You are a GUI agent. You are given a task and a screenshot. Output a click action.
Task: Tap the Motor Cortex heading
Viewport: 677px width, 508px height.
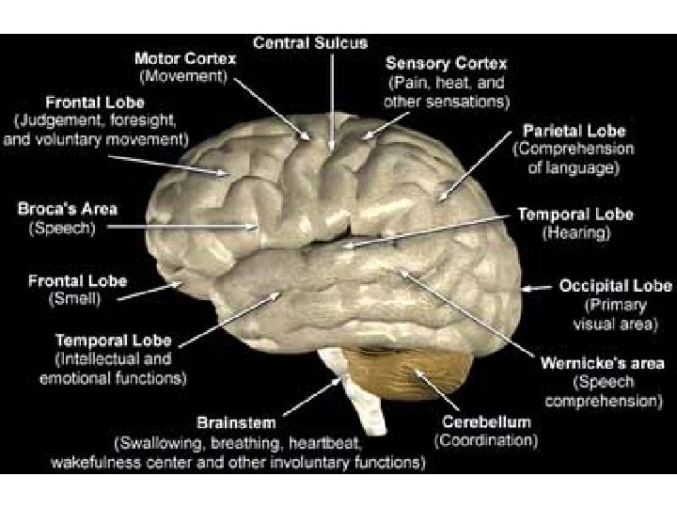point(184,58)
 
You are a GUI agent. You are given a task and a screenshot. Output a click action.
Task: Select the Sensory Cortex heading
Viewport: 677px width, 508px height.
point(447,63)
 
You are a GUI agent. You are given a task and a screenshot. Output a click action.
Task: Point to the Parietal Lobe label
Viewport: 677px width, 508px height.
point(575,131)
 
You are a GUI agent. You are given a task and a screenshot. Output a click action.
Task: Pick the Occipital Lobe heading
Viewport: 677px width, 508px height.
point(615,286)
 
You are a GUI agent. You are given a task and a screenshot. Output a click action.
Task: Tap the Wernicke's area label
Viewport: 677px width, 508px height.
point(602,363)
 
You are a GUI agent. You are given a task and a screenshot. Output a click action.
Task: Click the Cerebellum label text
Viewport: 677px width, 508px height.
point(486,421)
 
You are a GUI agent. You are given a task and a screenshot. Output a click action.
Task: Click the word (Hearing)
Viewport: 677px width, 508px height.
point(575,232)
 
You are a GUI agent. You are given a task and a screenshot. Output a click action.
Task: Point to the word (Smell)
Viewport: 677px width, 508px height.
point(74,298)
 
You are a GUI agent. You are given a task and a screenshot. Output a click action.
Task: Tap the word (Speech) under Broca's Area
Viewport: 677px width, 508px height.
point(62,227)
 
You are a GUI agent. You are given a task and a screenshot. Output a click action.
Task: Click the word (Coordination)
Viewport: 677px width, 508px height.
point(486,439)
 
